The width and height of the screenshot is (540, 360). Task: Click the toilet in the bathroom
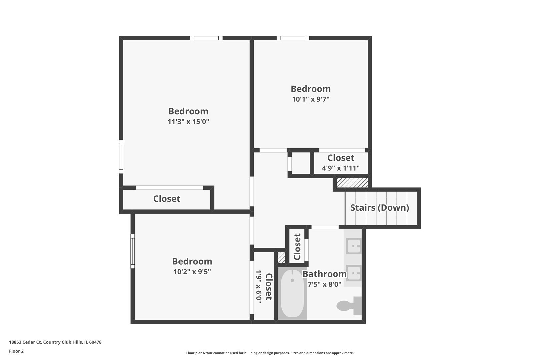tap(349, 306)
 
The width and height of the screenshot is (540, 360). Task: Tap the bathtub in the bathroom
tap(292, 293)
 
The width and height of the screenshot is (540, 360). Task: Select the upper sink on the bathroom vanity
tap(354, 246)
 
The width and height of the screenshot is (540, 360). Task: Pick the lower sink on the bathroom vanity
tap(354, 273)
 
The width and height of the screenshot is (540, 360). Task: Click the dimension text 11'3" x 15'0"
tap(188, 121)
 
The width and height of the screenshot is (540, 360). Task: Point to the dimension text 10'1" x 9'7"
tap(311, 99)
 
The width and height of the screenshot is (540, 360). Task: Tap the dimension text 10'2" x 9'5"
tap(192, 272)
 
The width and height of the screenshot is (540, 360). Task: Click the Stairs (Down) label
tap(380, 208)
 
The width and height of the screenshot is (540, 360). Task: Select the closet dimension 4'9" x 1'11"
tap(341, 168)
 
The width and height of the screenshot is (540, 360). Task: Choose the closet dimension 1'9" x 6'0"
tap(259, 287)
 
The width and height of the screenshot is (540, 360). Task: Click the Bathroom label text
tap(324, 274)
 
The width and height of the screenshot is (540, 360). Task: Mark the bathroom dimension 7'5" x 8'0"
tap(324, 284)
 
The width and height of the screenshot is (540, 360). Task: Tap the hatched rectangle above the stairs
tap(352, 183)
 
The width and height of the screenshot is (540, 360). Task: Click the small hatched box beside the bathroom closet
tap(282, 258)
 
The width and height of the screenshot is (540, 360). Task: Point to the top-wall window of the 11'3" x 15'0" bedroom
tap(206, 38)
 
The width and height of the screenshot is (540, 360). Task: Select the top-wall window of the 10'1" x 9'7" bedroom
tap(293, 38)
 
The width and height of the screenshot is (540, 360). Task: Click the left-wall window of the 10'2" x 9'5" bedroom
tap(133, 251)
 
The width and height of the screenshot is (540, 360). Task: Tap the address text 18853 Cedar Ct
tap(25, 342)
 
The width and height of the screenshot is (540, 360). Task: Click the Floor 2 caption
tap(16, 351)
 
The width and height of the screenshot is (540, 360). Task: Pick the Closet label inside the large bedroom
tap(167, 199)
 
